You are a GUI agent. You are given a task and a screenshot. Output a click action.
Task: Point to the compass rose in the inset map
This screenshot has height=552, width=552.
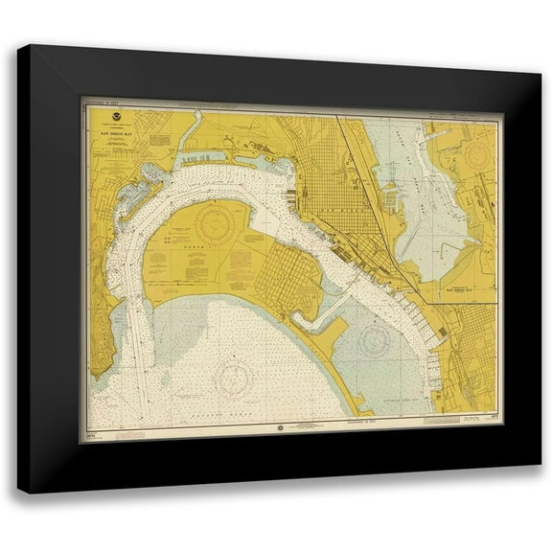(x=476, y=153)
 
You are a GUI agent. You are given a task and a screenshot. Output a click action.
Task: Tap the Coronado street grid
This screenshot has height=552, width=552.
(x=287, y=278)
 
